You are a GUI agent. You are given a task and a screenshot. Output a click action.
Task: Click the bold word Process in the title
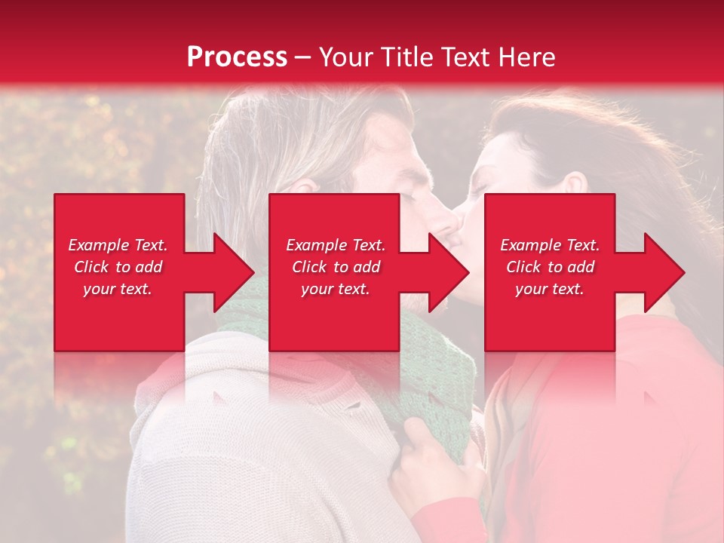237,57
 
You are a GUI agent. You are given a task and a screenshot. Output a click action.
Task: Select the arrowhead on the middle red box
443,272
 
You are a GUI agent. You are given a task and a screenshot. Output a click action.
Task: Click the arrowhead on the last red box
659,272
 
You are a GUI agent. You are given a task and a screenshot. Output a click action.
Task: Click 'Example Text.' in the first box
118,245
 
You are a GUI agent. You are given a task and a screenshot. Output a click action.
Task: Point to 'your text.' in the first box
118,289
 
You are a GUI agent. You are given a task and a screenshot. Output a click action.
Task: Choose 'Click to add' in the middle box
336,267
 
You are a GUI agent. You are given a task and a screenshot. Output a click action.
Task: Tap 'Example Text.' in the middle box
336,245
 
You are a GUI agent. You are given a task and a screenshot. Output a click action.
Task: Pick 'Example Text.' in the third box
550,245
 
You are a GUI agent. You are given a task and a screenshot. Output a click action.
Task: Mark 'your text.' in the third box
550,289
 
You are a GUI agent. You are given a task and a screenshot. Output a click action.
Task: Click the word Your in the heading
346,57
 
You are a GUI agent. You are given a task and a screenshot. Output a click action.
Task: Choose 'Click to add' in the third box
550,267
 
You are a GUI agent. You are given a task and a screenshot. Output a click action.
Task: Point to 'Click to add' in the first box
118,267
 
